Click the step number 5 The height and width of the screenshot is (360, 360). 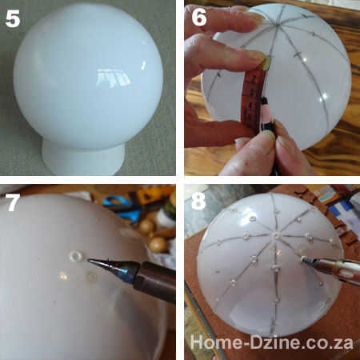coord(13,18)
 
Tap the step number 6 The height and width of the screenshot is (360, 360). coord(199,17)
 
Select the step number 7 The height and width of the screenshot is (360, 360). coord(13,202)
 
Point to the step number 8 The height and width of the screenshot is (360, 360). coord(198,201)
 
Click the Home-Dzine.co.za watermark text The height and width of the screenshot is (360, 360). coord(272,342)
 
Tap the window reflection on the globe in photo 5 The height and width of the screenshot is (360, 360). coord(113,78)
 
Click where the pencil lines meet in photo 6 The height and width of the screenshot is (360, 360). coord(276,26)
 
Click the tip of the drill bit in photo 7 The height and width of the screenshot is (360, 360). coord(88,259)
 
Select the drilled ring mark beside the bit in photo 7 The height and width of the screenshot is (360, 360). coord(76,256)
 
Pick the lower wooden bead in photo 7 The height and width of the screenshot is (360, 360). coord(158,245)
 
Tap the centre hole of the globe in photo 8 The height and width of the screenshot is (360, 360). coord(277,235)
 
